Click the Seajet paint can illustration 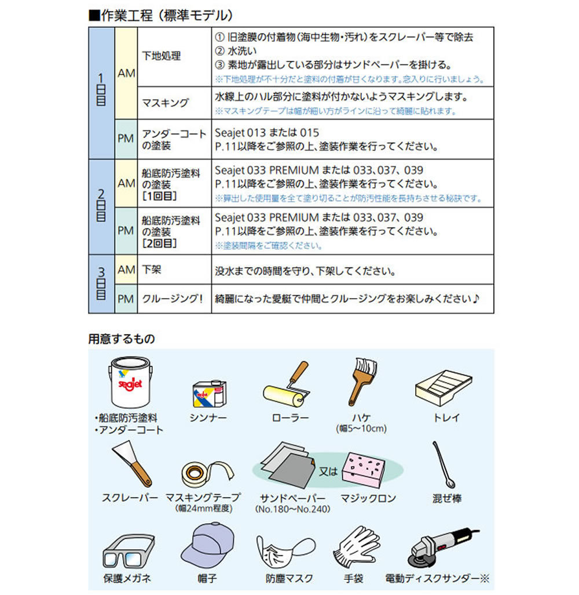click(x=130, y=383)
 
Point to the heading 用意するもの click(x=122, y=338)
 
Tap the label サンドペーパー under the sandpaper click(x=292, y=498)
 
